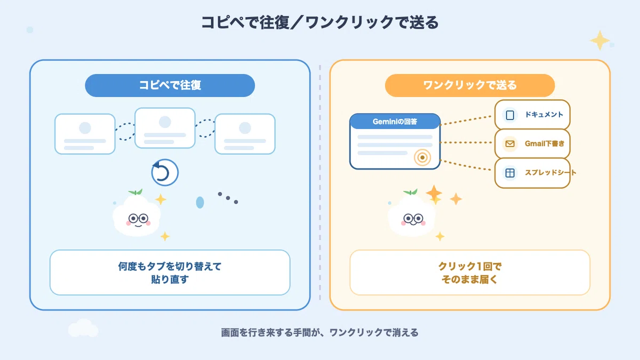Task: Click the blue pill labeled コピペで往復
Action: pyautogui.click(x=170, y=85)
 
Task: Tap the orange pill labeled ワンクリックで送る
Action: pyautogui.click(x=470, y=85)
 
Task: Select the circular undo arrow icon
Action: pyautogui.click(x=165, y=172)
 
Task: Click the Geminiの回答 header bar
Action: pyautogui.click(x=395, y=122)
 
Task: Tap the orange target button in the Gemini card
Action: pyautogui.click(x=422, y=157)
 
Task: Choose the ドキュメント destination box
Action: pyautogui.click(x=532, y=115)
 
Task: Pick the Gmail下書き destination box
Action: pyautogui.click(x=532, y=143)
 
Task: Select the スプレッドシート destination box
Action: pyautogui.click(x=532, y=173)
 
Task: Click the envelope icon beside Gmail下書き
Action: pyautogui.click(x=510, y=143)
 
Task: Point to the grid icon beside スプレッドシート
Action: pyautogui.click(x=510, y=173)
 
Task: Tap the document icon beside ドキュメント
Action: pyautogui.click(x=510, y=115)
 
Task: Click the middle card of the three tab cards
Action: pyautogui.click(x=165, y=128)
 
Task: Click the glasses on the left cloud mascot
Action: pyautogui.click(x=138, y=219)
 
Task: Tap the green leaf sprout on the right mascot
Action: pyautogui.click(x=411, y=191)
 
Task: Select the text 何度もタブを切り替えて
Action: pyautogui.click(x=170, y=266)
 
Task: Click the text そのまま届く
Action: pyautogui.click(x=470, y=279)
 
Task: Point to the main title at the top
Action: pyautogui.click(x=319, y=22)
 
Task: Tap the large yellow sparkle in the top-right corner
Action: pyautogui.click(x=599, y=41)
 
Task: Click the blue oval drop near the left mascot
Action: pyautogui.click(x=200, y=202)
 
